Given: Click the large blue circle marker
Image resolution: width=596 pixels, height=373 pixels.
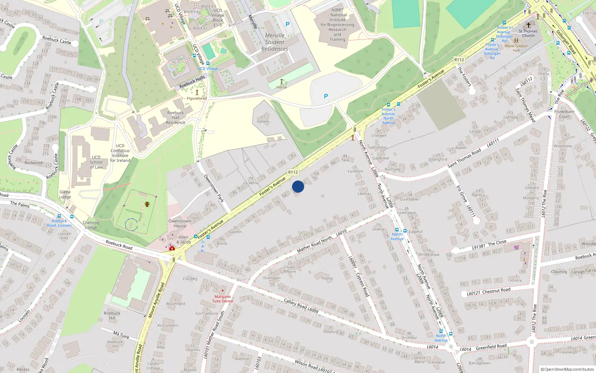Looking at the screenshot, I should (298, 186).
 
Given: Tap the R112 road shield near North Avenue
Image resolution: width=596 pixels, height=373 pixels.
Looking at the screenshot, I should (459, 60).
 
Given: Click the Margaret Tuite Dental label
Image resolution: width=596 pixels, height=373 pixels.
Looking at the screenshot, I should (223, 299).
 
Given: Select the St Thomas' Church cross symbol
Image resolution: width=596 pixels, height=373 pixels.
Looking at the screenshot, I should (528, 25).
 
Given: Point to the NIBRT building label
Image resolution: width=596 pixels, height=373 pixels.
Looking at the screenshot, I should (337, 25).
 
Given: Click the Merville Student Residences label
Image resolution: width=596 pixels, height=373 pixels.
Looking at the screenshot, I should (275, 42).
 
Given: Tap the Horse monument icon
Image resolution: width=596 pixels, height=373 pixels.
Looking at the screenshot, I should (282, 82).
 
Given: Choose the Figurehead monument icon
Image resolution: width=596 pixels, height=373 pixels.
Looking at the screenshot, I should (197, 93).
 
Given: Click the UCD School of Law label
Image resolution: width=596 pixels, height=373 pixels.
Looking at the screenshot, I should (96, 162).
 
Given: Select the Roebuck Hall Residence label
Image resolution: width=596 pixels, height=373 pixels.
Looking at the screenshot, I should (175, 117).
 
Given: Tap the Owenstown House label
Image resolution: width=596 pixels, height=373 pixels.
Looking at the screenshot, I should (180, 223).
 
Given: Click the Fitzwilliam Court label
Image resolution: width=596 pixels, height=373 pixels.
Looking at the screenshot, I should (564, 114).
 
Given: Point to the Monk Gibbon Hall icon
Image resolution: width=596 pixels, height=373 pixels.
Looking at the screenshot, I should (516, 41).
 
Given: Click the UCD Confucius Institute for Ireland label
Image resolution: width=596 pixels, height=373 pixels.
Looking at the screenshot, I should (120, 153).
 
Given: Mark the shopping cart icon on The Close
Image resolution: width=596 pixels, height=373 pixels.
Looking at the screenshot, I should (516, 247).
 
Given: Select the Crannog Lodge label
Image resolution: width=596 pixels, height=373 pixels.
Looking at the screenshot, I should (91, 225).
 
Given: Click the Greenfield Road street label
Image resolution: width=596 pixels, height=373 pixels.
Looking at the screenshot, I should (491, 347).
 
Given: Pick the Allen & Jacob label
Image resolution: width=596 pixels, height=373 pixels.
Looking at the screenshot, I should (184, 239).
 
